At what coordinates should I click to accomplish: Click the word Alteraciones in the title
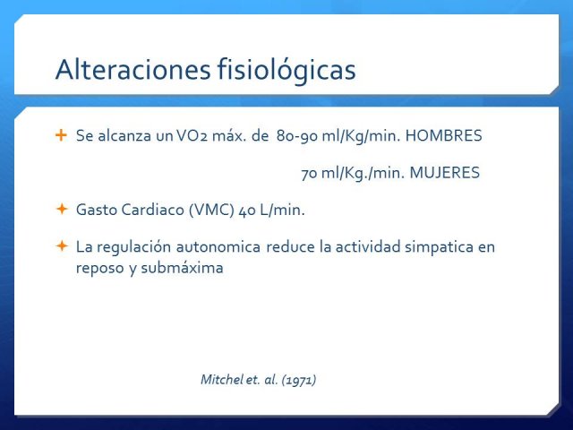click(x=133, y=69)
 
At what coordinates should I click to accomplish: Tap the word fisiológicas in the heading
click(x=286, y=70)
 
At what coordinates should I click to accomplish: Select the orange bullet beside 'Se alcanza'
click(x=62, y=135)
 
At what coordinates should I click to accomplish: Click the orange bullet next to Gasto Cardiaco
click(x=62, y=209)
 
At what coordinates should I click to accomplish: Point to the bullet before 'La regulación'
click(x=62, y=246)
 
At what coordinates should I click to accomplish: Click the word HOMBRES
click(x=444, y=135)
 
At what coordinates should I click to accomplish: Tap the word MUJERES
click(x=444, y=173)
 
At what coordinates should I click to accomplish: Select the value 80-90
click(x=297, y=136)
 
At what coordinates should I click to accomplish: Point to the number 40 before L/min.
click(x=247, y=210)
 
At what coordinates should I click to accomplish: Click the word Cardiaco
click(x=153, y=210)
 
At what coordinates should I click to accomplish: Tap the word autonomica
click(x=218, y=247)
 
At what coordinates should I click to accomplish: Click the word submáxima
click(x=182, y=268)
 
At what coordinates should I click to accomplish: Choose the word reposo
click(x=100, y=269)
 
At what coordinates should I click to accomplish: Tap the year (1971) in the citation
click(x=299, y=380)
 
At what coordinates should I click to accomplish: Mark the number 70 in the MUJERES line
click(x=309, y=173)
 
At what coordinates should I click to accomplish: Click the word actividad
click(x=368, y=247)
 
